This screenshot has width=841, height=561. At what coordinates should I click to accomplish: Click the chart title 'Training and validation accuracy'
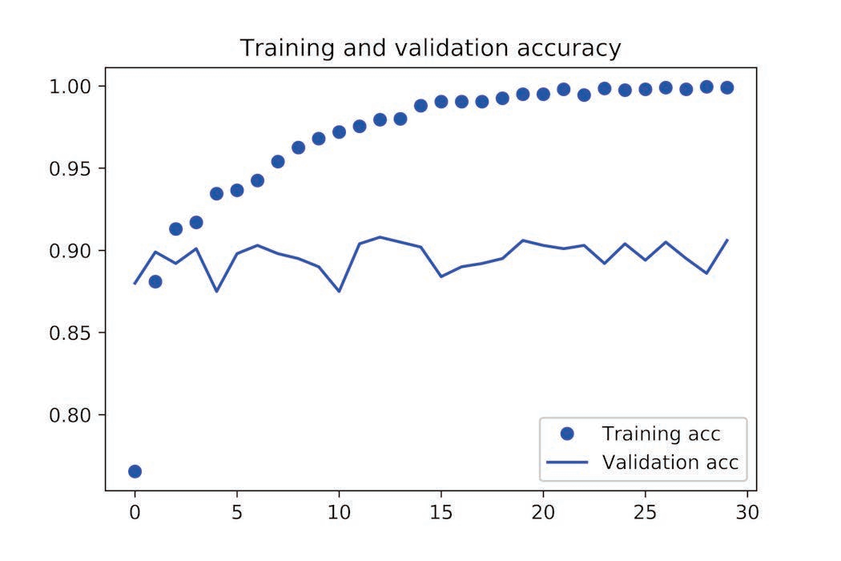coord(430,48)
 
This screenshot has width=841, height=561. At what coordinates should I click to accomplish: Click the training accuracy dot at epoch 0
coord(135,471)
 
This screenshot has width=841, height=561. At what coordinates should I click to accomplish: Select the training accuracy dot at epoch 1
coord(155,281)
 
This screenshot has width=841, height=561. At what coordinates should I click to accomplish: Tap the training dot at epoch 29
coord(726,87)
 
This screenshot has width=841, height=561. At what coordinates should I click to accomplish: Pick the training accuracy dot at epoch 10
coord(339,131)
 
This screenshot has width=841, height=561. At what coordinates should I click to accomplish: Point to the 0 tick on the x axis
coord(135,511)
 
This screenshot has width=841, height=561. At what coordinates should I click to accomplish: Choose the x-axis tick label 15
coord(441,511)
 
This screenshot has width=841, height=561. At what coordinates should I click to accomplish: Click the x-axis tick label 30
coord(746,511)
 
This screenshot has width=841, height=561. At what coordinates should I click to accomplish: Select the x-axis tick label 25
coord(645,511)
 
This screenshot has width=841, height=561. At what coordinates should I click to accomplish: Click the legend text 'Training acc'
coord(661,434)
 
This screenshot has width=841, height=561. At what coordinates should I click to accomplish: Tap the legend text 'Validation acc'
coord(670,462)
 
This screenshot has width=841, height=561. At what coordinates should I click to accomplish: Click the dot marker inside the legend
coord(568,434)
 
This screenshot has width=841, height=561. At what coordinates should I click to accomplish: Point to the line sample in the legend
coord(568,462)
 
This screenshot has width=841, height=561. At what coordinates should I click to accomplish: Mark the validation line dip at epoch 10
coord(339,291)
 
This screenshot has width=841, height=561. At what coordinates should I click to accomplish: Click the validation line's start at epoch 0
coord(135,283)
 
